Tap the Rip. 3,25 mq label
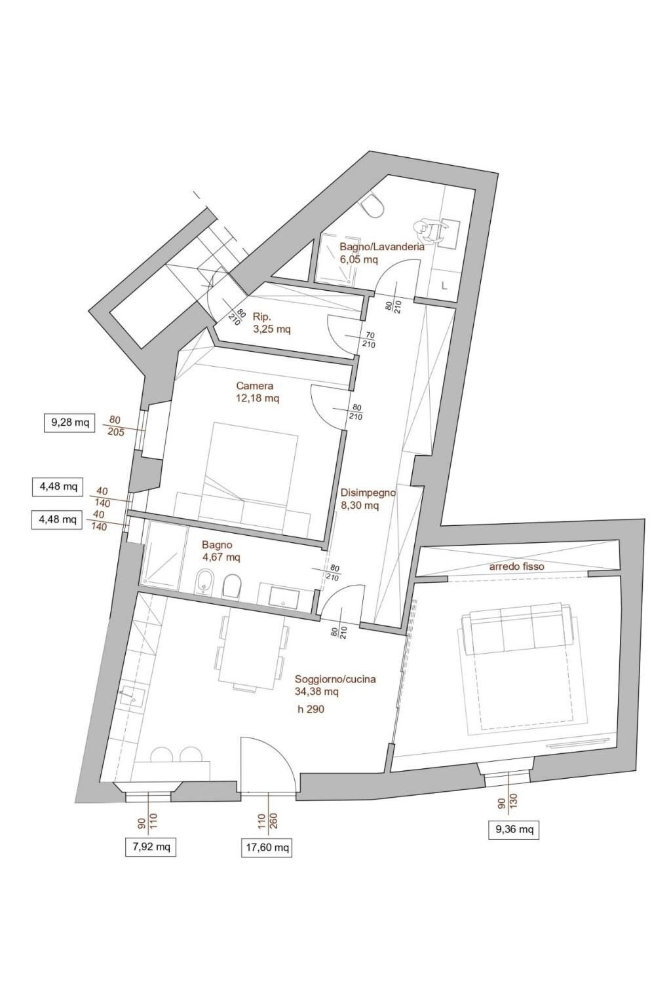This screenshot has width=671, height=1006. coord(271,323)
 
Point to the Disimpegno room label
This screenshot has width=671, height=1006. coord(368,493)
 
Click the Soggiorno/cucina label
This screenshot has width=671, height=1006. coord(335,679)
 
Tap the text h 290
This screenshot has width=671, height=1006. coord(311,709)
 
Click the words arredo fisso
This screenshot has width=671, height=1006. coord(516,566)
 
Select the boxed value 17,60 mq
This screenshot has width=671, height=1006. coord(266,848)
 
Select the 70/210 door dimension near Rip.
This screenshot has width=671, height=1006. coord(369,339)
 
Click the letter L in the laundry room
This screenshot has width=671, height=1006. coord(445,286)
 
